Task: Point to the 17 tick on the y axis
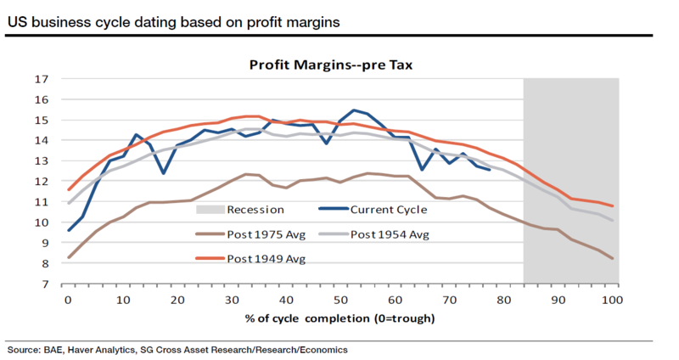(x=40, y=79)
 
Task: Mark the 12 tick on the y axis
(x=40, y=182)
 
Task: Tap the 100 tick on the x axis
(x=613, y=300)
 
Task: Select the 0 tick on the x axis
(x=66, y=300)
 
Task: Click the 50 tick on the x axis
(x=339, y=300)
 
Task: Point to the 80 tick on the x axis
(x=504, y=300)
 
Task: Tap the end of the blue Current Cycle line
(x=489, y=170)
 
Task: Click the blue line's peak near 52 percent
(x=353, y=110)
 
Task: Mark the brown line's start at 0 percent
(x=67, y=257)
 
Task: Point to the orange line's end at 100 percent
(x=613, y=206)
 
